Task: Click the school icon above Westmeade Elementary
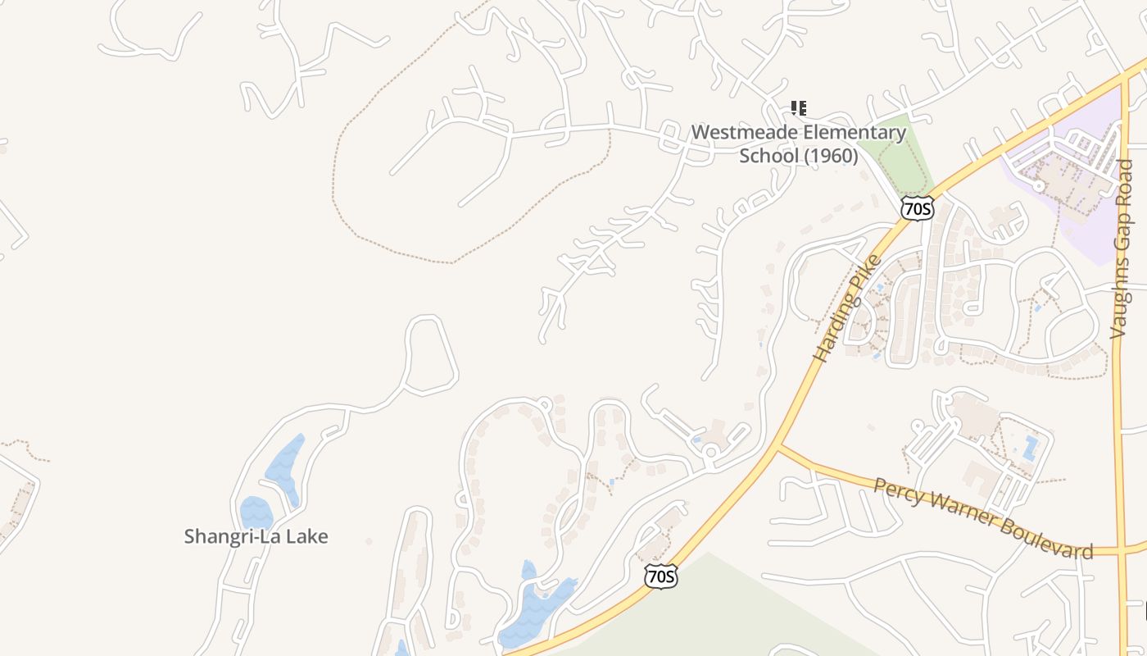(x=799, y=107)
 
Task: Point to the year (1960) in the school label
(x=832, y=155)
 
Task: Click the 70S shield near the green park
(x=917, y=208)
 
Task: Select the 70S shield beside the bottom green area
(x=660, y=576)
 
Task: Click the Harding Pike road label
(x=848, y=308)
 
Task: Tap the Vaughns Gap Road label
(x=1122, y=248)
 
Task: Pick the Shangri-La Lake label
(x=256, y=536)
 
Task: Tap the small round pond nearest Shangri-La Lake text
(x=256, y=513)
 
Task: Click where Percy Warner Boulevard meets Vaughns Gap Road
(x=1120, y=550)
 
